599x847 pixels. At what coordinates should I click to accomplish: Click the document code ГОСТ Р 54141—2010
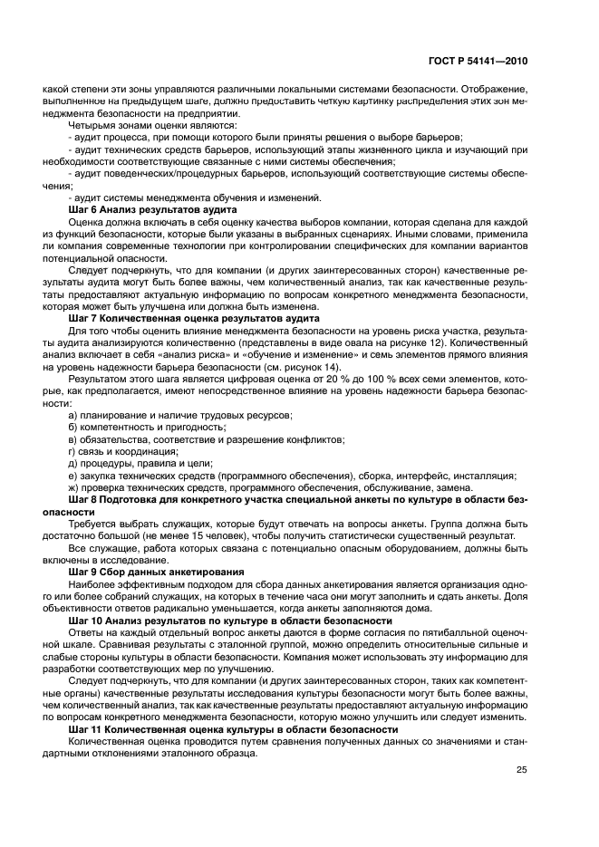(x=478, y=62)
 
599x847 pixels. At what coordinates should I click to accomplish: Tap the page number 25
(x=520, y=769)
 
